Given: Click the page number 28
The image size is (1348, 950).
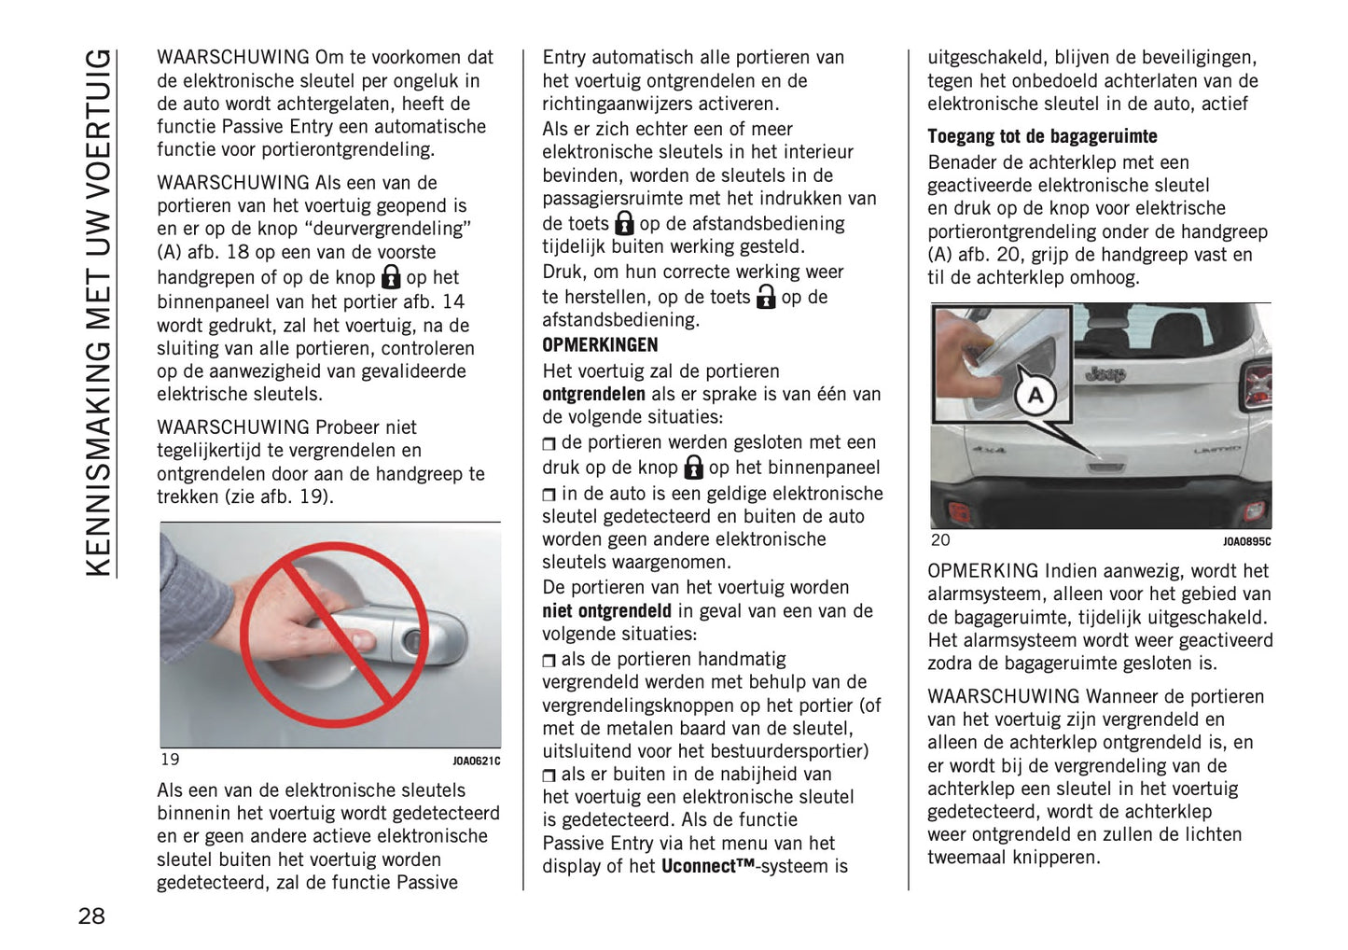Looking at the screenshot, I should point(91,915).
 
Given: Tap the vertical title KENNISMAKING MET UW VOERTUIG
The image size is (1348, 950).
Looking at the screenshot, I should point(98,313).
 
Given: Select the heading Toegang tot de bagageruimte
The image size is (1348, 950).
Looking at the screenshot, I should point(1041,136).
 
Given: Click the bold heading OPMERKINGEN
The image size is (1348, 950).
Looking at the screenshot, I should point(600,345).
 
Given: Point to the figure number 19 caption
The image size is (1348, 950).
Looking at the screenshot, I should point(170,760).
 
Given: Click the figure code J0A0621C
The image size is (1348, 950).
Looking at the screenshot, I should point(477,761).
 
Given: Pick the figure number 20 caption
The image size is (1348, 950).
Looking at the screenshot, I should point(939,540).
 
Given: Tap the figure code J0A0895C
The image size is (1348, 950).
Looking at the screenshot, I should point(1246,542).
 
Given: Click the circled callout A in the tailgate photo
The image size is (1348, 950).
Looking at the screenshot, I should point(1035,396).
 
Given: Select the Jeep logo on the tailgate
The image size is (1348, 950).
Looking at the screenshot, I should point(1105,374).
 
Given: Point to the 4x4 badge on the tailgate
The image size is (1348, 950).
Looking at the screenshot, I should point(989,449).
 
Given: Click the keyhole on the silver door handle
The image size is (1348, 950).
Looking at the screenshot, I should point(410,642).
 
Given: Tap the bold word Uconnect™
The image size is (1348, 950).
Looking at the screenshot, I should point(707,867).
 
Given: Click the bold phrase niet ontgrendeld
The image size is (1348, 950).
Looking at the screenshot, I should point(606,611).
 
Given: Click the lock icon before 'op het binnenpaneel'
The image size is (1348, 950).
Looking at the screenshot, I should point(693,467).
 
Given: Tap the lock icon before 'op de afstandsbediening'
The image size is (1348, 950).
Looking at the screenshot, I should point(624,223).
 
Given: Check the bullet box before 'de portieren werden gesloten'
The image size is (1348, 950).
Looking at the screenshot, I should point(549,443).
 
